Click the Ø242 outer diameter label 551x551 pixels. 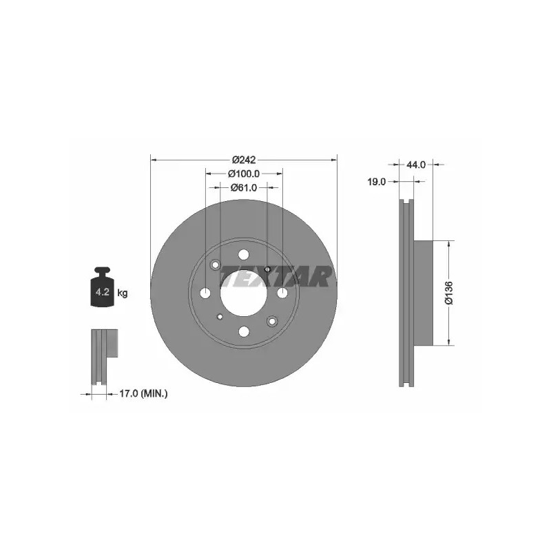point(244,160)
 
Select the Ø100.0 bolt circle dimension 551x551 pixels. point(244,174)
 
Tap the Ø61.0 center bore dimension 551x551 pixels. point(244,187)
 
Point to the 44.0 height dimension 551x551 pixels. point(416,165)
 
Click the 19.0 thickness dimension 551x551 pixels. point(376,182)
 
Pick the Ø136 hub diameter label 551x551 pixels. point(449,293)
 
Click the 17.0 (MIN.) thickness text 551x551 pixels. point(143,393)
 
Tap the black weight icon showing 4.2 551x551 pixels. point(102,287)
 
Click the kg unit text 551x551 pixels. point(123,293)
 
